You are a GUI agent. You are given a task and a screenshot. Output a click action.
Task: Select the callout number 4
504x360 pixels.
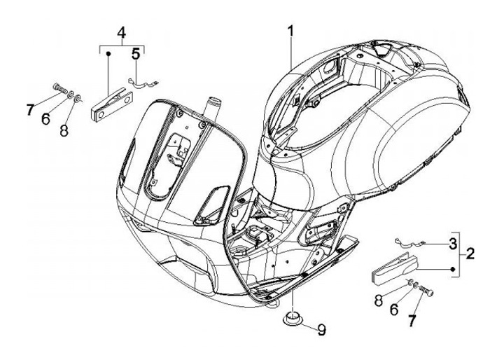click(121, 33)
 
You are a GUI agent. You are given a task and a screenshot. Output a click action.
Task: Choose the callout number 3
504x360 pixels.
click(453, 243)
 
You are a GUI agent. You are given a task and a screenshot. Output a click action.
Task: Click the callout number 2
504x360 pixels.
click(470, 253)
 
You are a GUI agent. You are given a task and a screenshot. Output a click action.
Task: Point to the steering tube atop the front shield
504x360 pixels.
click(209, 109)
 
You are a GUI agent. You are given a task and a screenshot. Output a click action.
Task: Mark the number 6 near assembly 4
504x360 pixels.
click(45, 119)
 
